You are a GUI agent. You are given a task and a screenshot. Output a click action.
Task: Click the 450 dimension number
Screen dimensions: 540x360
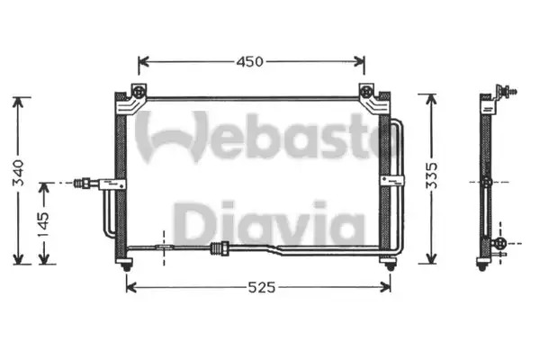pos(249,62)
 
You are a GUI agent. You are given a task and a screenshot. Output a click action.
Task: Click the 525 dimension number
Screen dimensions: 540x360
pos(262,287)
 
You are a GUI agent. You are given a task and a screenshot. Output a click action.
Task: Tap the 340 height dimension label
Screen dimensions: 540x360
pos(18,173)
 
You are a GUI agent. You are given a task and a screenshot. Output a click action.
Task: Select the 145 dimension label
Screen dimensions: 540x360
pos(44,225)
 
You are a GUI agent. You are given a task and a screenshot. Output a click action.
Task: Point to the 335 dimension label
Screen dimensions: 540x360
pos(431,175)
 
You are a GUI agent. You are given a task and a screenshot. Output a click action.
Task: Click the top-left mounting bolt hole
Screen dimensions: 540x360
pos(139,92)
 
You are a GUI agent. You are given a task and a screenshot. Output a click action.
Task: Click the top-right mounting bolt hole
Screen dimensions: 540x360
pos(365,92)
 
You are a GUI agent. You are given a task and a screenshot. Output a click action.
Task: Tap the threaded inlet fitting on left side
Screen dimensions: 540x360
pos(83,183)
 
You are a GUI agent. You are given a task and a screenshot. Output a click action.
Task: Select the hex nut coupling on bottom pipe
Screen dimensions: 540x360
pos(220,248)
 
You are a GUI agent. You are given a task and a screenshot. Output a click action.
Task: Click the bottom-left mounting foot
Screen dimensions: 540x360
pos(126,265)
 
